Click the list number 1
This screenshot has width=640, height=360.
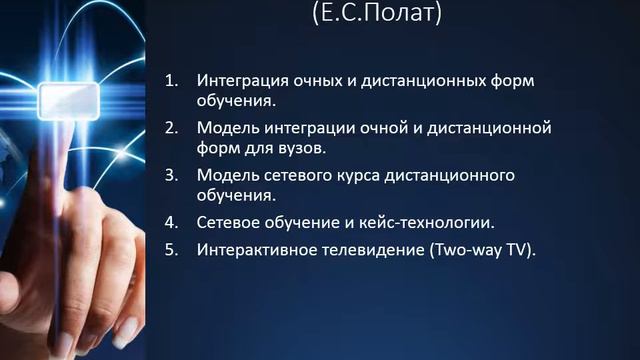click(171, 79)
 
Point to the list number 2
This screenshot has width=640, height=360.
click(171, 129)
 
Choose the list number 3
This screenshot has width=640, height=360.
click(171, 176)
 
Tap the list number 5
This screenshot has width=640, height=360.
click(171, 250)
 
